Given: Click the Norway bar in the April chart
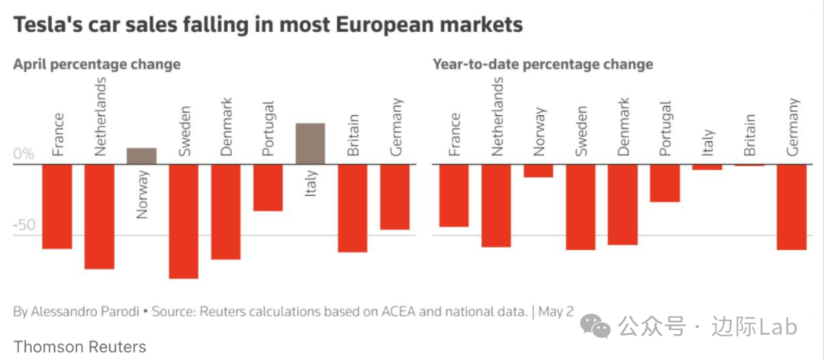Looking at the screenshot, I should [x=141, y=156].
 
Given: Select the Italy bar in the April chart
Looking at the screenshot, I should [x=311, y=143].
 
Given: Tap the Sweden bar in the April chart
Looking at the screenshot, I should [x=184, y=221].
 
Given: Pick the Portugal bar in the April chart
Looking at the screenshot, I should [x=268, y=188].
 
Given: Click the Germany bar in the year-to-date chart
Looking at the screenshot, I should [x=791, y=207].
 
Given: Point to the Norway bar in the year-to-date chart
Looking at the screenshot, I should [x=538, y=171].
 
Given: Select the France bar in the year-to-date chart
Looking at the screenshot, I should [x=453, y=195].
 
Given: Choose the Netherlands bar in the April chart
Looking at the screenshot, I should [x=99, y=217].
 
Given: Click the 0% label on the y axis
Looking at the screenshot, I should [x=24, y=154].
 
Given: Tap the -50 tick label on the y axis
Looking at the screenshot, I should [x=24, y=226].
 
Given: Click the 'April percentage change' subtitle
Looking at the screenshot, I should [x=97, y=64].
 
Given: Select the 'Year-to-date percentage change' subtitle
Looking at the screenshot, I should [x=543, y=64].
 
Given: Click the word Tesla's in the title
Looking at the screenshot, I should [x=48, y=25].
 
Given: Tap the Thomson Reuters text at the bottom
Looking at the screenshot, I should [x=79, y=346].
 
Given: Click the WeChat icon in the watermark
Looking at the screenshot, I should [x=596, y=326].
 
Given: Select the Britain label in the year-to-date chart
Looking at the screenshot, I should [x=749, y=136].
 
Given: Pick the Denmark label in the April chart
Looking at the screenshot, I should [x=226, y=127].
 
